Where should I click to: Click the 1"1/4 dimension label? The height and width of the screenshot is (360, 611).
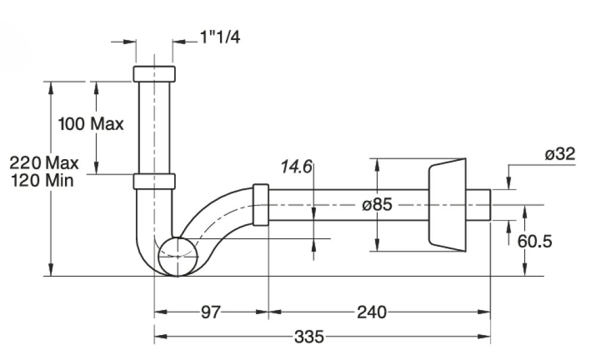click(x=221, y=38)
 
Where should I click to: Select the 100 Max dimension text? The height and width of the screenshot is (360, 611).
click(x=91, y=124)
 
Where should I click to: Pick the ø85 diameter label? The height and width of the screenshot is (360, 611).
click(x=377, y=204)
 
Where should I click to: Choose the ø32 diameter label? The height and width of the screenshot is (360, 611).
click(x=559, y=154)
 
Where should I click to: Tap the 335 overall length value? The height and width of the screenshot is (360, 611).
click(x=309, y=337)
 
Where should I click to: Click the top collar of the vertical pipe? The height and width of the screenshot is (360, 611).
click(x=154, y=74)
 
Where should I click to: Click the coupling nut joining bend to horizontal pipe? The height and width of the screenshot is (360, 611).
click(x=261, y=204)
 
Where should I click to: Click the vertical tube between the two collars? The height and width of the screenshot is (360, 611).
click(x=154, y=127)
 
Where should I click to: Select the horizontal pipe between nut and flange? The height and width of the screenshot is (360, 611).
click(x=348, y=204)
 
